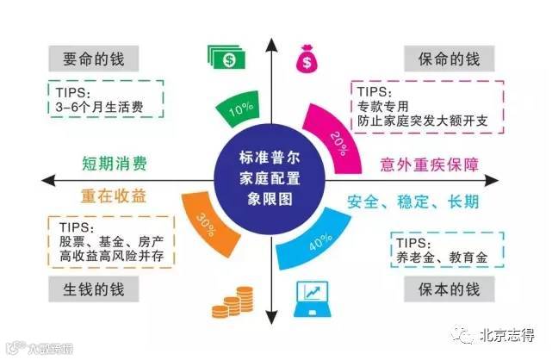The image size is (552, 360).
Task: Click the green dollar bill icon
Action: [x=227, y=59]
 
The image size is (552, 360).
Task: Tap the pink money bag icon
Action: [x=307, y=59]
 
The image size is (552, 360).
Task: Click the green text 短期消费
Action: [x=115, y=163]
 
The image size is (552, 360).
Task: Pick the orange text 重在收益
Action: [x=114, y=195]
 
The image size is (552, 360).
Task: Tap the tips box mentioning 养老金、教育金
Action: [x=440, y=247]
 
